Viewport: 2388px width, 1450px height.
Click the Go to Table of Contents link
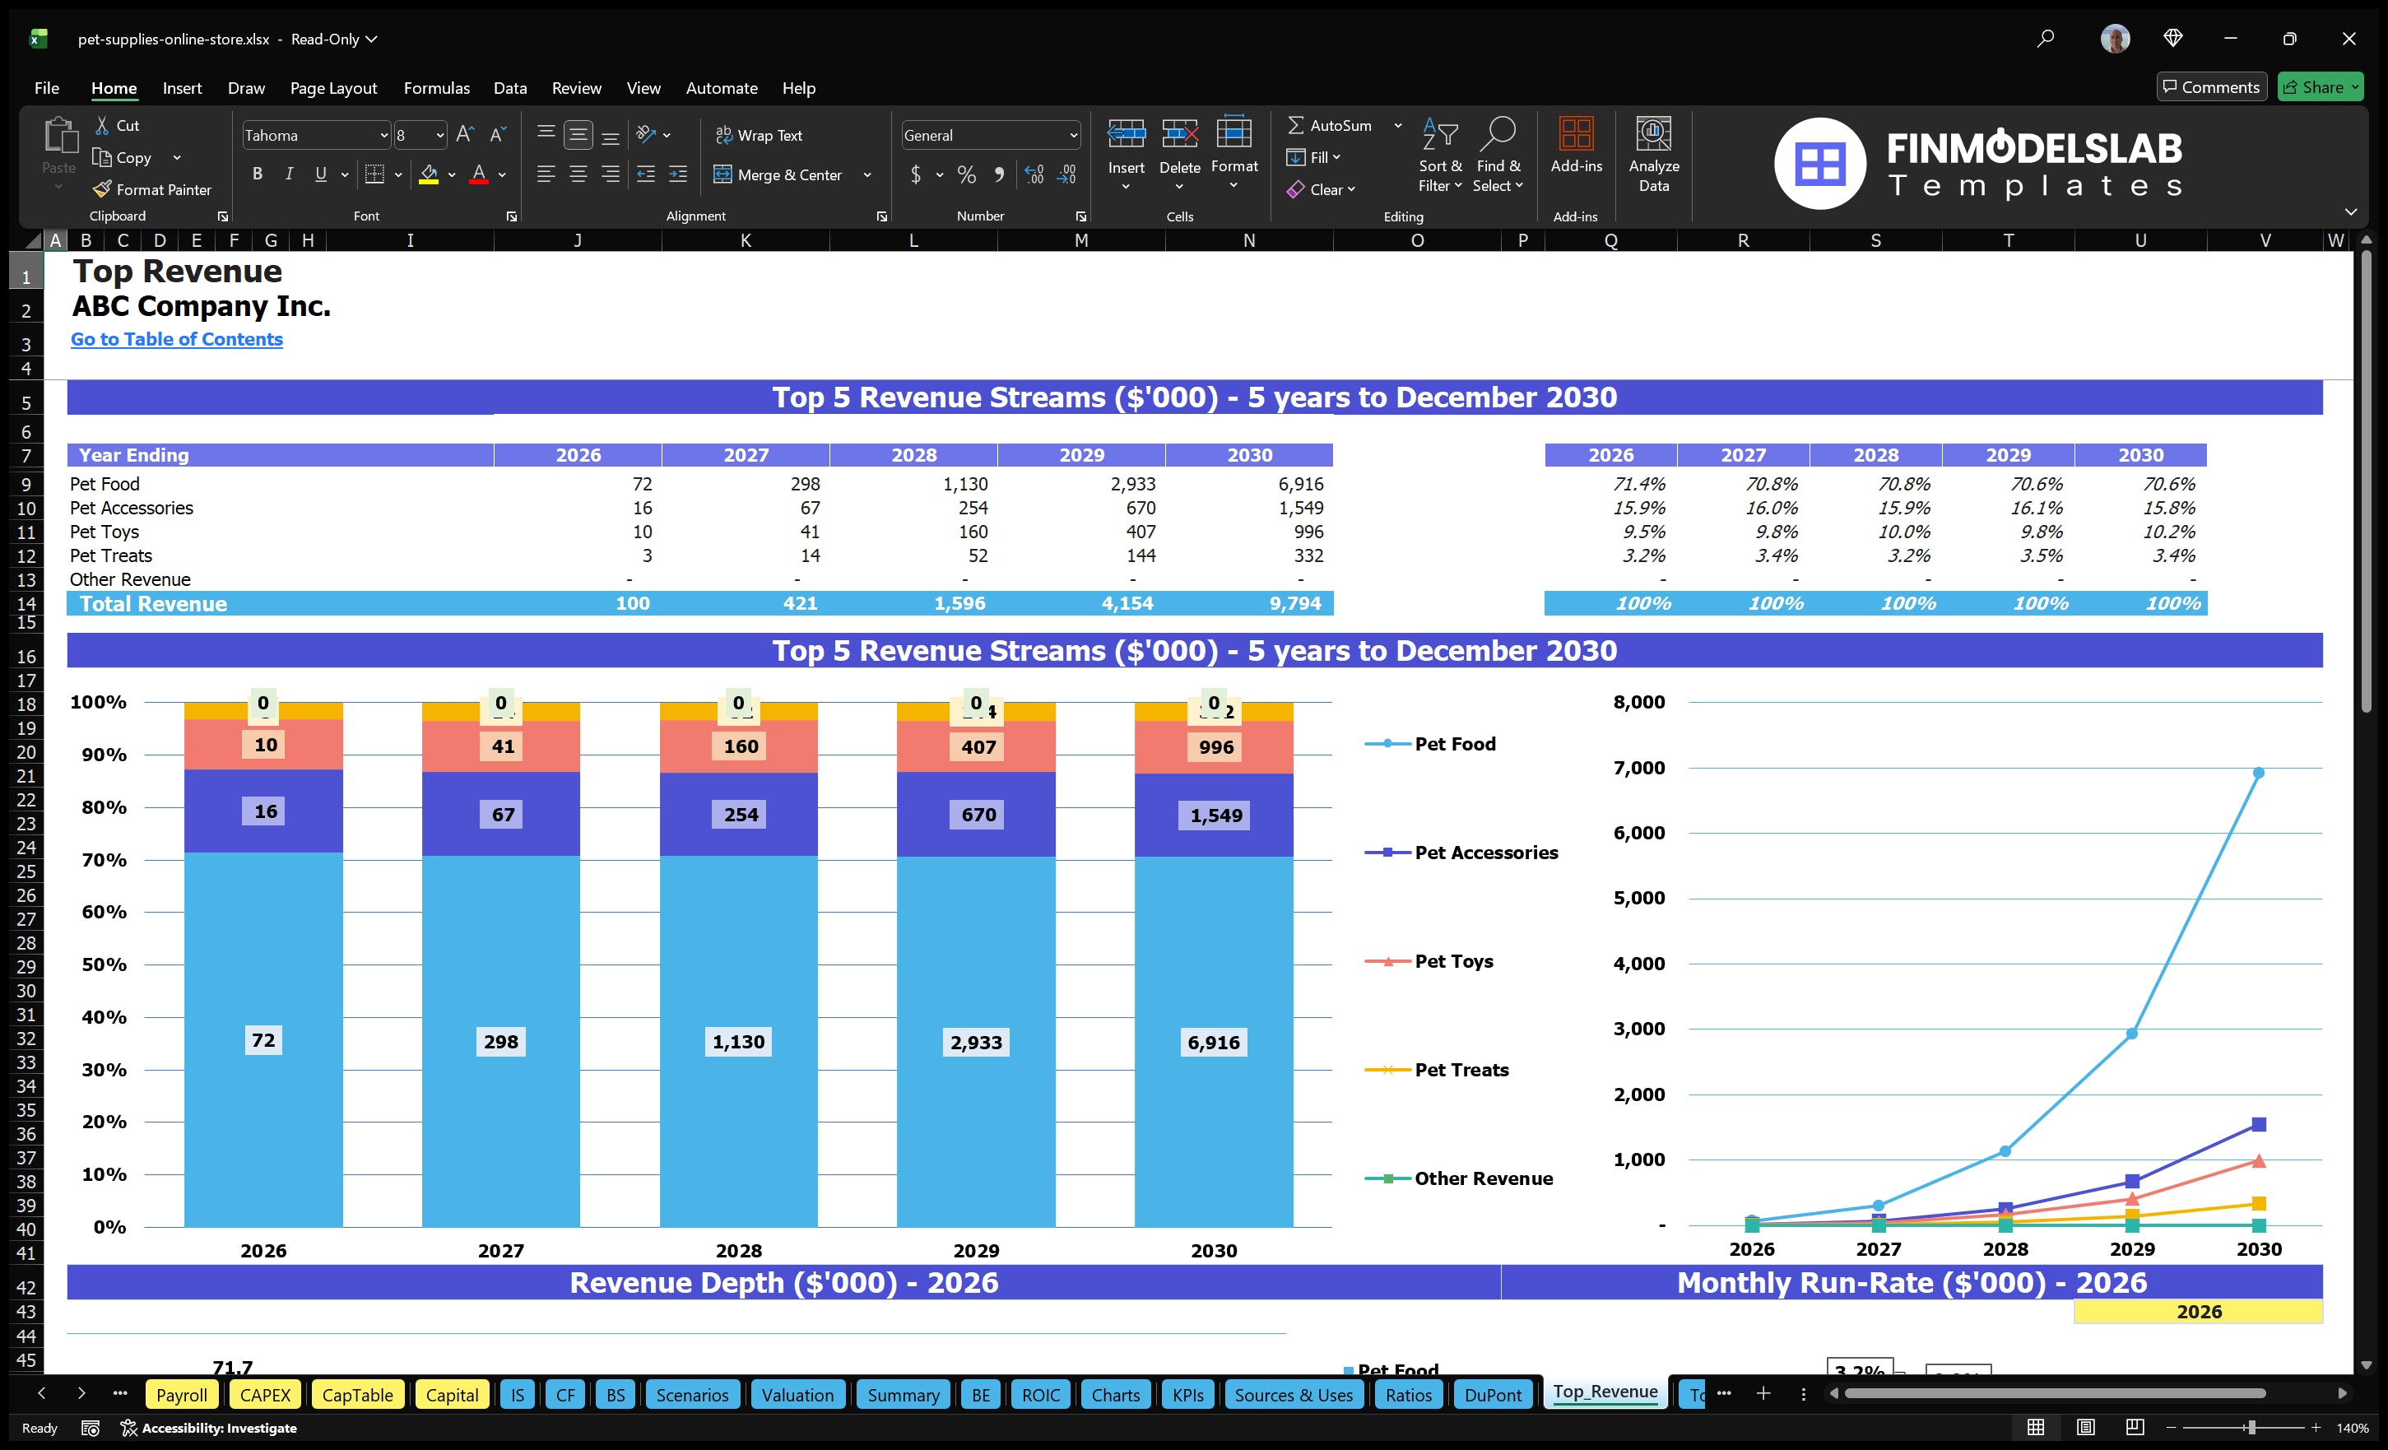coord(176,339)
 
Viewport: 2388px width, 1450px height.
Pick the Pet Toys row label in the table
coord(105,531)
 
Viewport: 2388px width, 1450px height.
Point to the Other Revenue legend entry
coord(1483,1178)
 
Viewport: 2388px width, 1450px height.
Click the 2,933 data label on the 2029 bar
coord(976,1042)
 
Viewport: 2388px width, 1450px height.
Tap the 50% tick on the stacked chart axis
coord(104,964)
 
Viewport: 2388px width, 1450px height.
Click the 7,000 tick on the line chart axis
coord(1639,768)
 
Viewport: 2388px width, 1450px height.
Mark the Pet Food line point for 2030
coord(2258,773)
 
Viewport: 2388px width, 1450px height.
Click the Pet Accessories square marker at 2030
coord(2258,1124)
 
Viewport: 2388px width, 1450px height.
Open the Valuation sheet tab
coord(797,1395)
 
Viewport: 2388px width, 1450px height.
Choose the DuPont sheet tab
coord(1493,1395)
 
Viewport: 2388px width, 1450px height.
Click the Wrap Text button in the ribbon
coord(759,136)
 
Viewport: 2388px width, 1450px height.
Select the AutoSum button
coord(1330,125)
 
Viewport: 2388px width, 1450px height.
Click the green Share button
coord(2319,87)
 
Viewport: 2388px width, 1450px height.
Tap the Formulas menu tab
coord(436,88)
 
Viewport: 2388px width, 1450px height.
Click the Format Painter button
coord(152,190)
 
